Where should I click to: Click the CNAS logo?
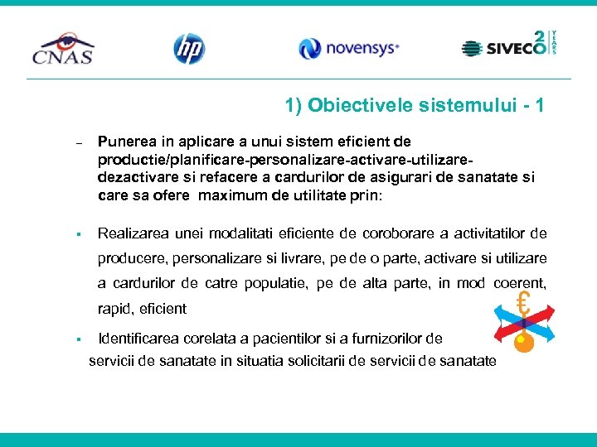pos(63,48)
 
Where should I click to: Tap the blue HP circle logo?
pos(188,49)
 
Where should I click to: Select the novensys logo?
pos(349,49)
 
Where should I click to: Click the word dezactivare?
pos(134,176)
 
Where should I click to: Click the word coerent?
pos(521,283)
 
